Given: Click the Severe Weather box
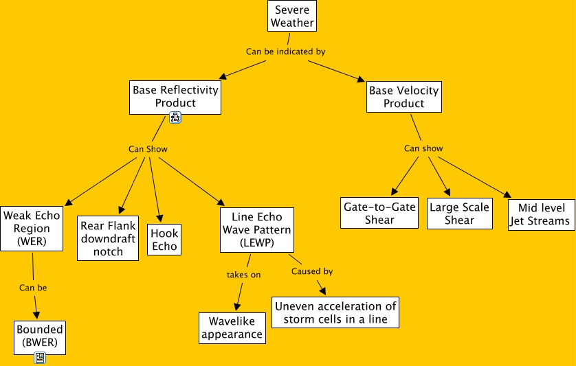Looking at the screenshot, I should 292,16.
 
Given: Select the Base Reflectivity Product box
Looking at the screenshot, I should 175,97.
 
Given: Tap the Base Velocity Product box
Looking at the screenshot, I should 403,97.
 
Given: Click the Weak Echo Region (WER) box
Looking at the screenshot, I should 32,229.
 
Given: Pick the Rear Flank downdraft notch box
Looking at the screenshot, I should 108,238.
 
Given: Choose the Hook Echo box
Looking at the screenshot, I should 164,240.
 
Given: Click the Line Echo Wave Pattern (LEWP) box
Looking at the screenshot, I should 256,230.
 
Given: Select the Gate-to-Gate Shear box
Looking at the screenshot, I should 379,214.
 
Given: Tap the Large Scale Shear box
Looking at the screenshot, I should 459,214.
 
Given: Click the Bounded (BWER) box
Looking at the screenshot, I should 40,336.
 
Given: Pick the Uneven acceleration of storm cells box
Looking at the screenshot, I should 335,312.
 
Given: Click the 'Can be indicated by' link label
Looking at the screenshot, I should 285,52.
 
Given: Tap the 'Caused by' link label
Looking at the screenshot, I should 312,271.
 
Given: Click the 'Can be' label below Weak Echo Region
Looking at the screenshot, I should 33,288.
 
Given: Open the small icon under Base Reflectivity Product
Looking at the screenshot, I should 175,118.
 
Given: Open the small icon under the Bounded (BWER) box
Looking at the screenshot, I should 40,358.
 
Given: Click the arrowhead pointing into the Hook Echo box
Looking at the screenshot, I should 159,216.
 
